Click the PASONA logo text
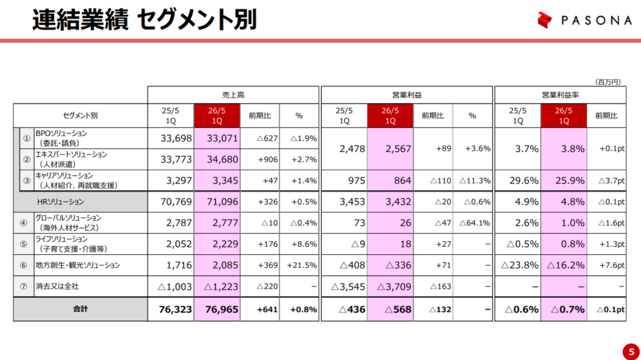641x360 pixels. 595,21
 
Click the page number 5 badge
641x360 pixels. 628,349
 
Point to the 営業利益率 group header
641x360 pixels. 560,95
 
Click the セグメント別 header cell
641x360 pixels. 80,116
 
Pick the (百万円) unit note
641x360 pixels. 607,81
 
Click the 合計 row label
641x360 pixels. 80,309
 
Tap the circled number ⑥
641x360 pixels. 24,265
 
